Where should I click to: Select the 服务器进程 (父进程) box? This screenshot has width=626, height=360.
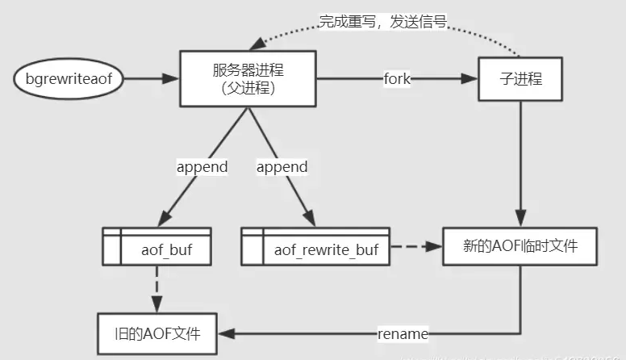click(x=248, y=79)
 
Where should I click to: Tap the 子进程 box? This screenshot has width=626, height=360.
click(x=519, y=79)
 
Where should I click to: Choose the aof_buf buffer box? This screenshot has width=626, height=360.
click(x=158, y=246)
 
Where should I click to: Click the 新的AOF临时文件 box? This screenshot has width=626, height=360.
click(x=520, y=246)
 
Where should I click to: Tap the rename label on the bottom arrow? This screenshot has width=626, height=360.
click(x=403, y=333)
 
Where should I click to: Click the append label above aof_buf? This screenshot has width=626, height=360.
click(x=202, y=167)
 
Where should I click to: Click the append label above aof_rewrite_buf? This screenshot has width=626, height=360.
click(x=282, y=167)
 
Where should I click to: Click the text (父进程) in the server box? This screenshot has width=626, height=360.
click(x=248, y=89)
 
